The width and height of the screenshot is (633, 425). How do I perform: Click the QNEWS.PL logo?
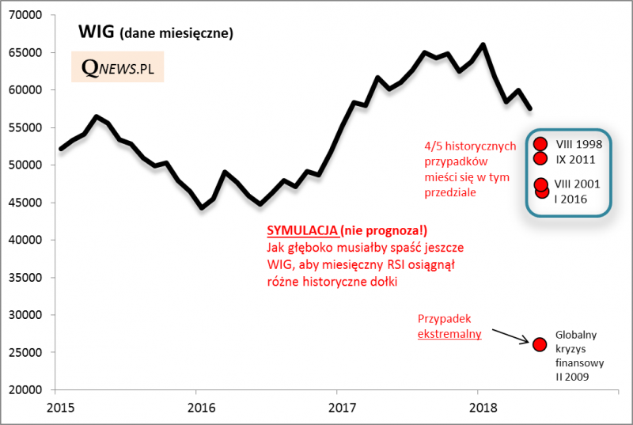tap(117, 69)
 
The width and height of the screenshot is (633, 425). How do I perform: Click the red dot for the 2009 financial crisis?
tap(540, 343)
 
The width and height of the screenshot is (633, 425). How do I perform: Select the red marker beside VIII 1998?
tap(540, 144)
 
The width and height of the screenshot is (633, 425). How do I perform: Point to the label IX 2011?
tap(576, 158)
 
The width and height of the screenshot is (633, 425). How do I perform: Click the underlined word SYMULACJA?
tap(301, 230)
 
